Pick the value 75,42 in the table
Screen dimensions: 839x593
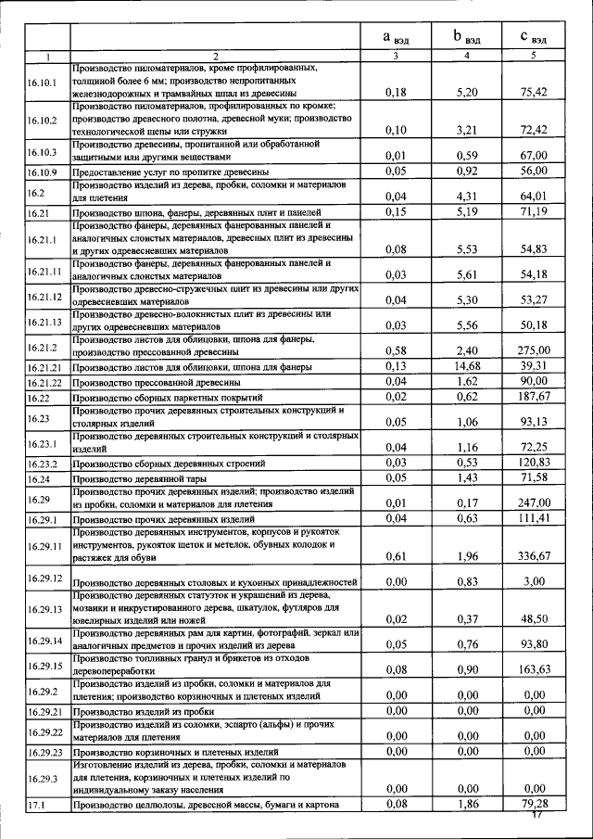[534, 92]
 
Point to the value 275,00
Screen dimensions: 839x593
[534, 350]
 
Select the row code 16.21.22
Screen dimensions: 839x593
[44, 382]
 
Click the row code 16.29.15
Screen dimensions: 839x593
[44, 667]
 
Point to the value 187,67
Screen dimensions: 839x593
[534, 397]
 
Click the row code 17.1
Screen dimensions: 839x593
[37, 807]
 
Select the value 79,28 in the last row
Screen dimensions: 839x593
[534, 803]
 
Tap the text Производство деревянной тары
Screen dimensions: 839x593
[138, 478]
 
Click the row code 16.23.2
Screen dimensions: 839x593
[42, 463]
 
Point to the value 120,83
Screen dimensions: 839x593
[534, 462]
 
